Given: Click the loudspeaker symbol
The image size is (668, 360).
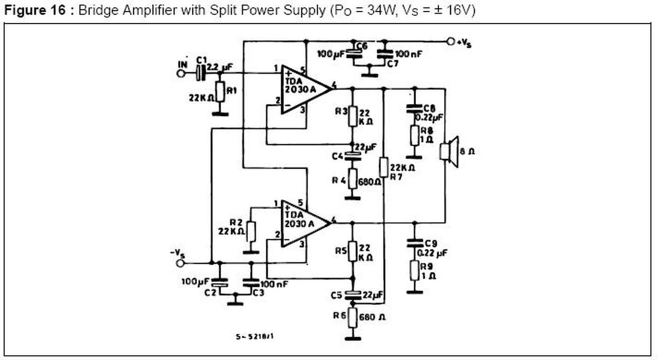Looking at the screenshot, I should [x=448, y=151].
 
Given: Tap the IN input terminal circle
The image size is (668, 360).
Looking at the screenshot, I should [x=181, y=74].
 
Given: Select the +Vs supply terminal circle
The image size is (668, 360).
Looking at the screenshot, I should [x=450, y=41].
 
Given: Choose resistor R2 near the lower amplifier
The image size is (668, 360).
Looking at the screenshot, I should [x=251, y=231].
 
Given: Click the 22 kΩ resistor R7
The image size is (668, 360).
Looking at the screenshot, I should [x=384, y=167].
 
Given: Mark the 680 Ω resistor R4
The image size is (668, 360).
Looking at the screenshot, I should [x=352, y=179].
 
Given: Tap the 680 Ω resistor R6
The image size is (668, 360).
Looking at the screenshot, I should [x=353, y=317].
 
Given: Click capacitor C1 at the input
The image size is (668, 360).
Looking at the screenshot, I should [x=200, y=74].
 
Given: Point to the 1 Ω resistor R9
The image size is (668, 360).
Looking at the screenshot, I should [x=414, y=270].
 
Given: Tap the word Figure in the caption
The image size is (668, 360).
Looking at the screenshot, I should [x=20, y=11].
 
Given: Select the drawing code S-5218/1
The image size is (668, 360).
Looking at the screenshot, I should [x=255, y=337].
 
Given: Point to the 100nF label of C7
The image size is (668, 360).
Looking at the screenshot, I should [x=410, y=54].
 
